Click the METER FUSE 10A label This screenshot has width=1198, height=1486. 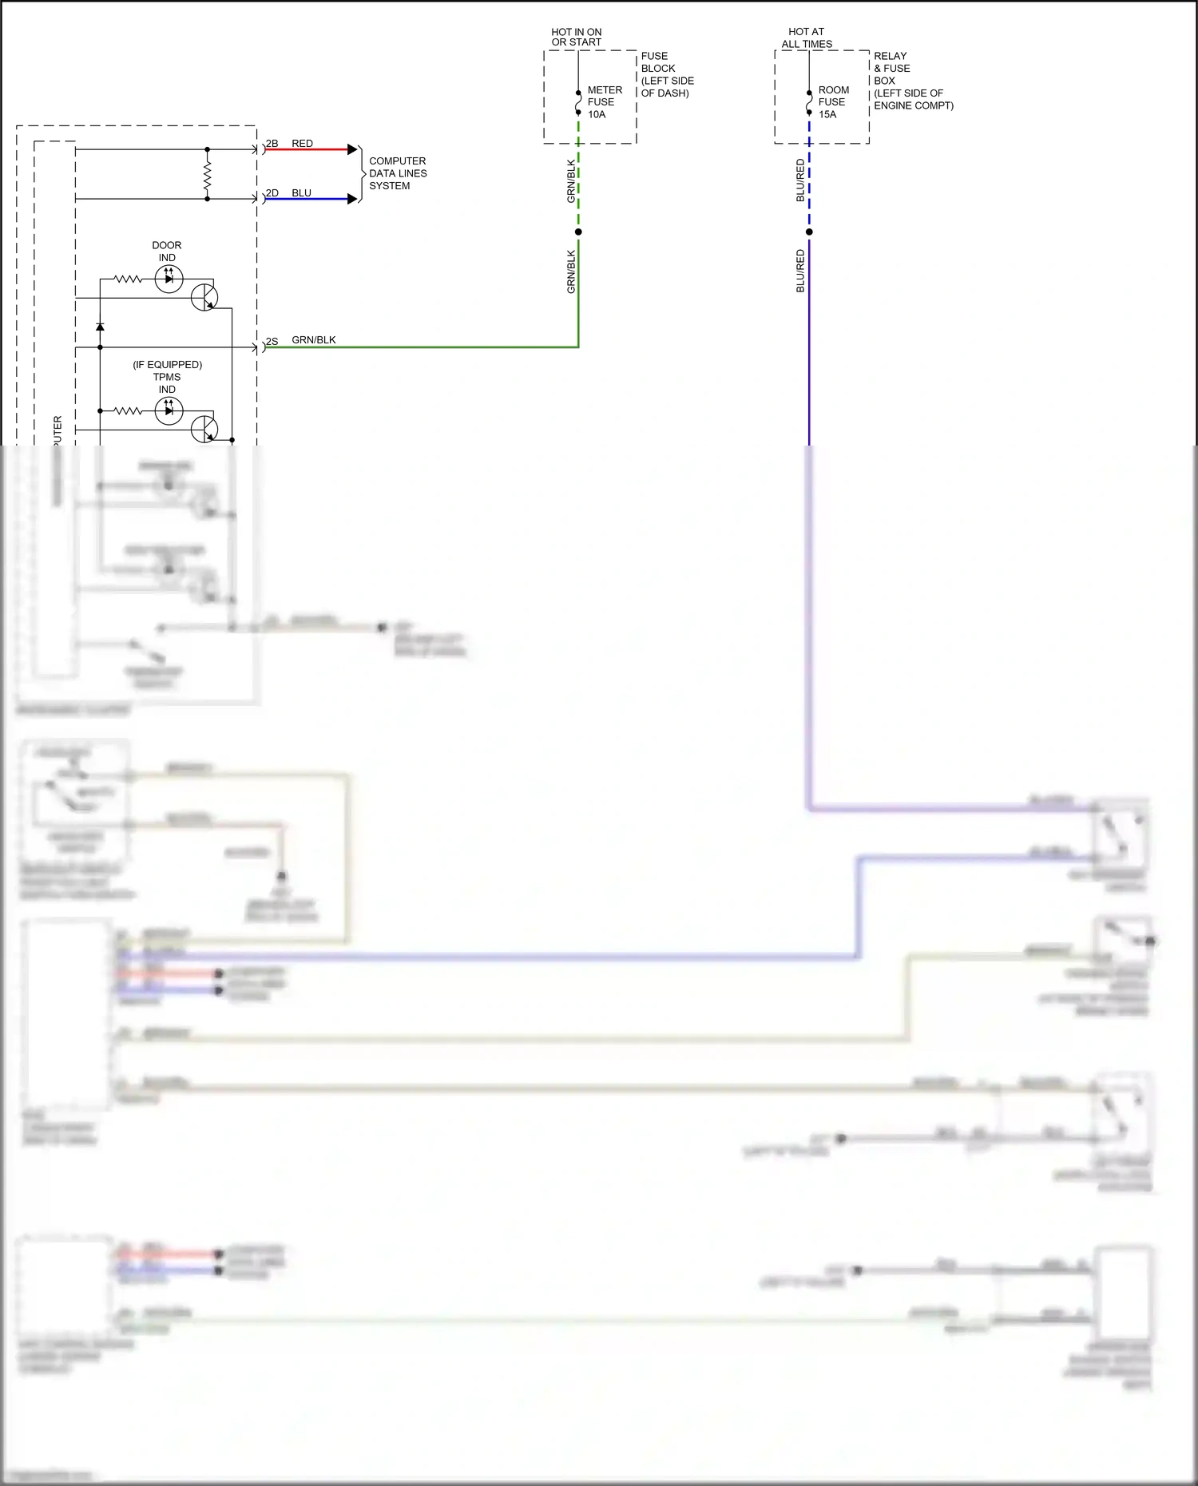(604, 102)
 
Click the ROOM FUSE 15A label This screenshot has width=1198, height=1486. (833, 102)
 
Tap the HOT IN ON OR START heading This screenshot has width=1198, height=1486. (576, 37)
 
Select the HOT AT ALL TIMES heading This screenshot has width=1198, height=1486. (807, 38)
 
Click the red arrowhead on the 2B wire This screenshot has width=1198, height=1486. (352, 149)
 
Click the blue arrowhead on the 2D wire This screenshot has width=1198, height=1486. (352, 199)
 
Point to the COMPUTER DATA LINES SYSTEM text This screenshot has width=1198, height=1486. (397, 173)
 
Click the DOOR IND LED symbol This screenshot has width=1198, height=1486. (169, 279)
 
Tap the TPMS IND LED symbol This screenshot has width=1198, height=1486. (169, 410)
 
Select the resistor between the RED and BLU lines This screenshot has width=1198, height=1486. (207, 175)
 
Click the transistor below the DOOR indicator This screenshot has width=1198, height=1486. (204, 298)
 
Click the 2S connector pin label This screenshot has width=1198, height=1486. (272, 342)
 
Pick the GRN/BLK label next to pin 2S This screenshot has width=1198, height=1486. (313, 340)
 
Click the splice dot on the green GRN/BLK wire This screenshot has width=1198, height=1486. (578, 232)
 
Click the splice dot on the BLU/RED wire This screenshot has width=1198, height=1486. (809, 232)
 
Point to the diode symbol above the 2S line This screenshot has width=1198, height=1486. (100, 327)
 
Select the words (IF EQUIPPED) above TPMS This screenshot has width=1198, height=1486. (167, 365)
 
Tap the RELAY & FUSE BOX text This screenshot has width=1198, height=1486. (891, 69)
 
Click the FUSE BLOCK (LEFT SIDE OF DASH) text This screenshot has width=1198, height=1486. (667, 74)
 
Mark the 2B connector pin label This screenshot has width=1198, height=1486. (272, 144)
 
